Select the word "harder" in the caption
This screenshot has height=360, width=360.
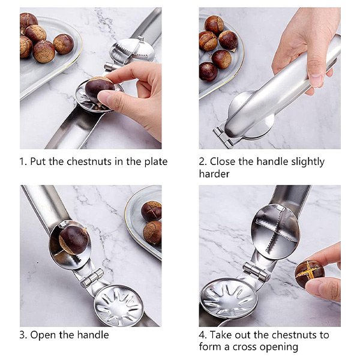(214, 174)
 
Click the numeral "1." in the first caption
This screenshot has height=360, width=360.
(23, 161)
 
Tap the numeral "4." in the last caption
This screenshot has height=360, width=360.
(203, 335)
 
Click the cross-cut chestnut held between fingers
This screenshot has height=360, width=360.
(309, 274)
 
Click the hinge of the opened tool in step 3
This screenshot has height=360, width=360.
(92, 278)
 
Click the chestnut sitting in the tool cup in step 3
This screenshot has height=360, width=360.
(73, 239)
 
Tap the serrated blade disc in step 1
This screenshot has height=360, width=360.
(133, 50)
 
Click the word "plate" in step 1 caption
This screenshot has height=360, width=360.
(155, 162)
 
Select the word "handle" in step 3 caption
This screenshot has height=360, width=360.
(93, 335)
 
